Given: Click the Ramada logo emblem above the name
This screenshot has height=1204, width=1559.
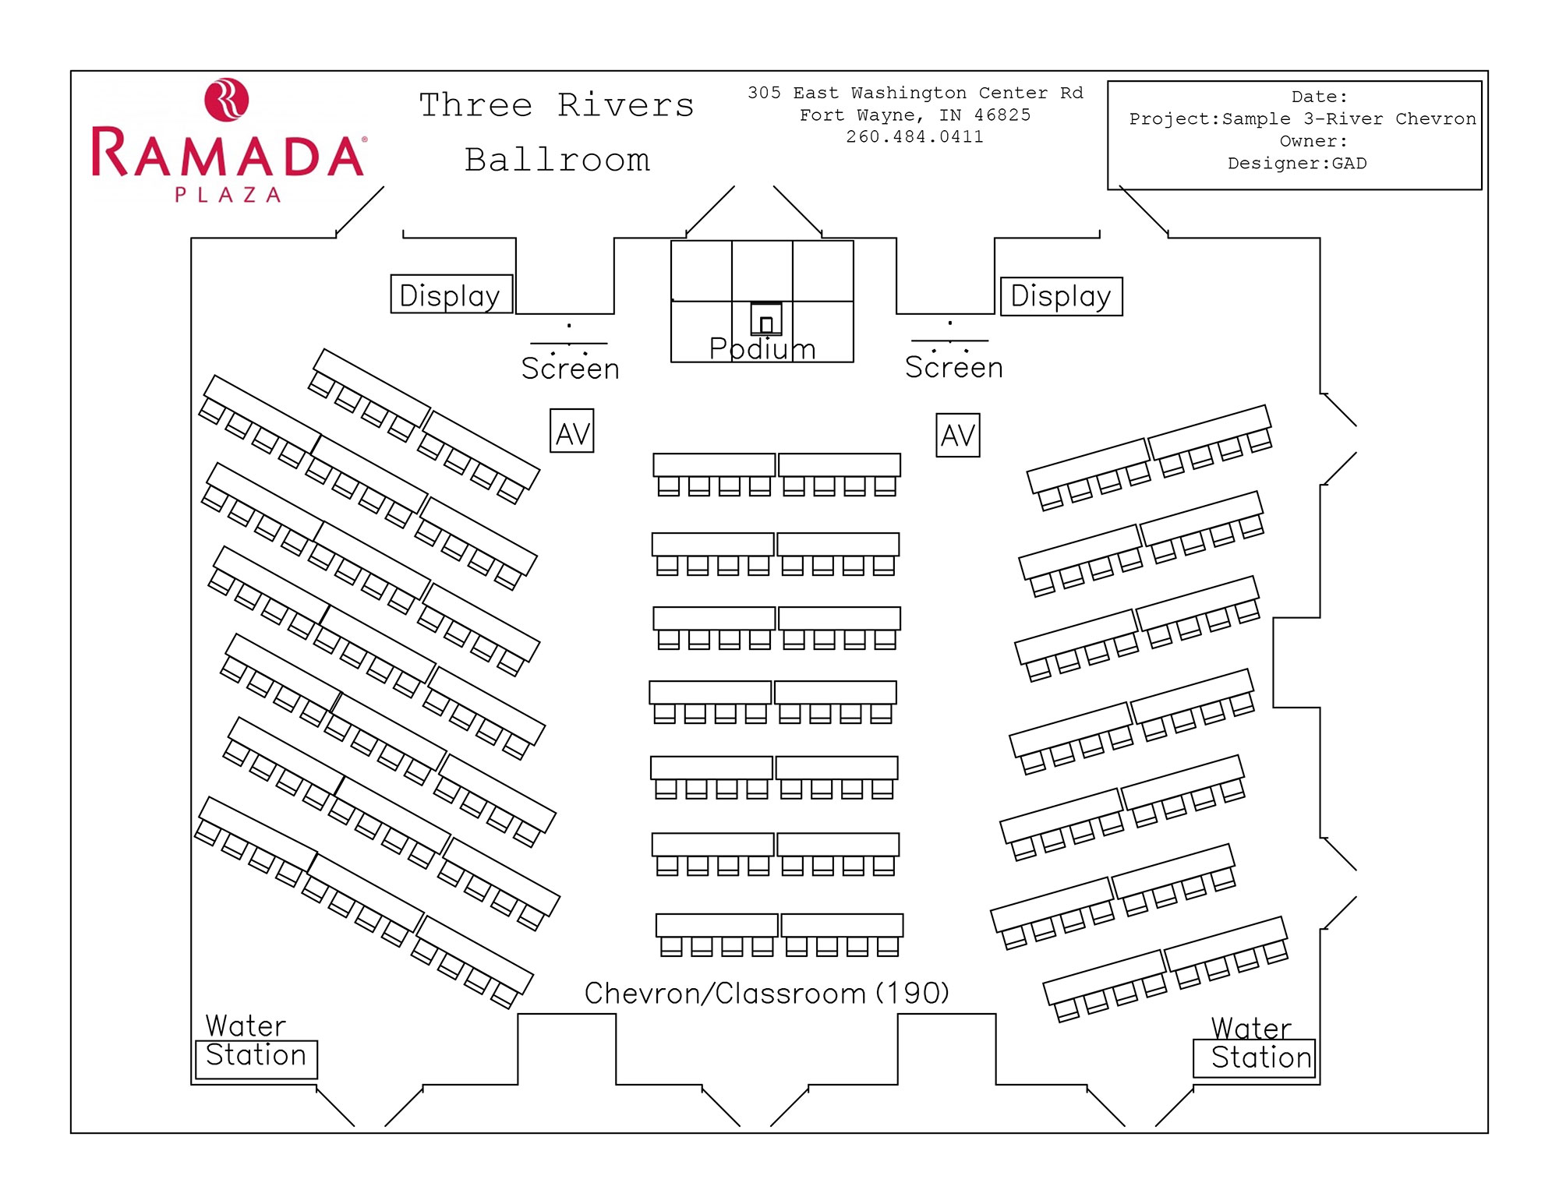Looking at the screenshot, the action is click(x=226, y=99).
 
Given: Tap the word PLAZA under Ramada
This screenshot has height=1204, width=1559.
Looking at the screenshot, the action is click(x=228, y=195).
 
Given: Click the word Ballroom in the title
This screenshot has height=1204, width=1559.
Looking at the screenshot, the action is click(x=557, y=160).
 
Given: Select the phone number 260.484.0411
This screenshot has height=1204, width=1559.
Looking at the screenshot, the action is click(x=915, y=137).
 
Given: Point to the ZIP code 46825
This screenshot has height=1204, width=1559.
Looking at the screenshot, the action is click(x=1002, y=115).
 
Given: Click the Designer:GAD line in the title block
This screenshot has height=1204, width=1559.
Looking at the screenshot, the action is click(x=1297, y=164).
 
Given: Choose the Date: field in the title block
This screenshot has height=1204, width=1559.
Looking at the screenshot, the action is click(x=1319, y=97).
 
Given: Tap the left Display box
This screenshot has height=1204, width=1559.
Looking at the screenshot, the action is click(x=451, y=294).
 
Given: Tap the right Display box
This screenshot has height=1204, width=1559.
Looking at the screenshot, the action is click(x=1062, y=296).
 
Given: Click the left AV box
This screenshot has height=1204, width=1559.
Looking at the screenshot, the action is click(x=572, y=431).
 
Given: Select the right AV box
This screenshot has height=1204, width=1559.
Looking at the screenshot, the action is click(x=958, y=435).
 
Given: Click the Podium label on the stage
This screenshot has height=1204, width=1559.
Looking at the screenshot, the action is click(x=762, y=348).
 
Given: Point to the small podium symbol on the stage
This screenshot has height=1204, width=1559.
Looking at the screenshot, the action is click(x=766, y=319).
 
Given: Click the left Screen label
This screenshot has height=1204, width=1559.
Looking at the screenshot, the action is click(x=571, y=369).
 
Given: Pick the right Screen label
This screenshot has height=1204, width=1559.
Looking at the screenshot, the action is click(x=954, y=367).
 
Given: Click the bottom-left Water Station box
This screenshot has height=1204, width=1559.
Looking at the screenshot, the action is click(x=256, y=1059).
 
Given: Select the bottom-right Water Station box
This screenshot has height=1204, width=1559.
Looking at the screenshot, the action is click(x=1254, y=1058).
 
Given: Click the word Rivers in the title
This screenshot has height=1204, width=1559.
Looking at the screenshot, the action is click(x=626, y=105).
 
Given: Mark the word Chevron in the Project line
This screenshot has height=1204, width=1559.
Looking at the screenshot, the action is click(x=1436, y=119).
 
